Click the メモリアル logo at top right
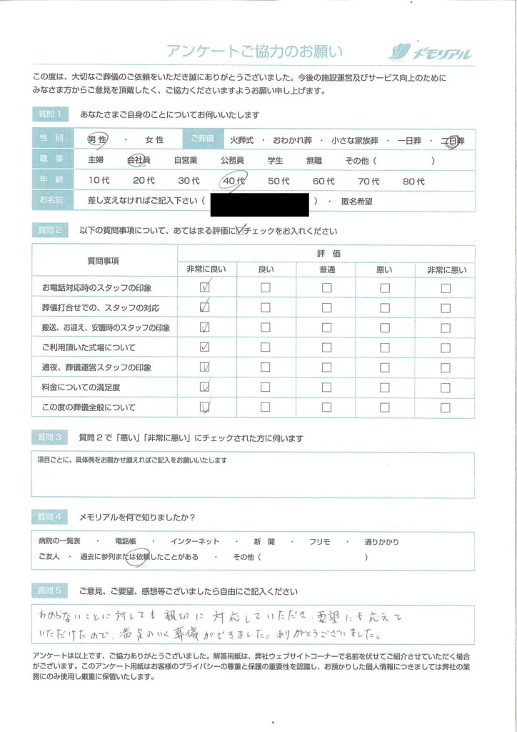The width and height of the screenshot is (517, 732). click(430, 51)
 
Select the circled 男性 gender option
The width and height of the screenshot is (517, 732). click(97, 140)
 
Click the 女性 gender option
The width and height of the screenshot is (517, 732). click(154, 140)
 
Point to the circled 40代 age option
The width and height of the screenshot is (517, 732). click(233, 182)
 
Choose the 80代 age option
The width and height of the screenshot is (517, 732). click(413, 182)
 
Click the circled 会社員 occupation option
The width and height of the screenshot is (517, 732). click(139, 161)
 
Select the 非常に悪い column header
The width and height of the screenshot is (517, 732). click(446, 269)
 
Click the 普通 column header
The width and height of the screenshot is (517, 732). click(326, 269)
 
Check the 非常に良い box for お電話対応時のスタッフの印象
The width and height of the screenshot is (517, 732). click(206, 287)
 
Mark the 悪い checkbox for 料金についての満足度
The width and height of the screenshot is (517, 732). click(386, 387)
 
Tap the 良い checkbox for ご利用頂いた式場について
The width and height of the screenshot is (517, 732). click(266, 347)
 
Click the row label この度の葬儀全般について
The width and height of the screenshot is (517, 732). click(89, 407)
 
